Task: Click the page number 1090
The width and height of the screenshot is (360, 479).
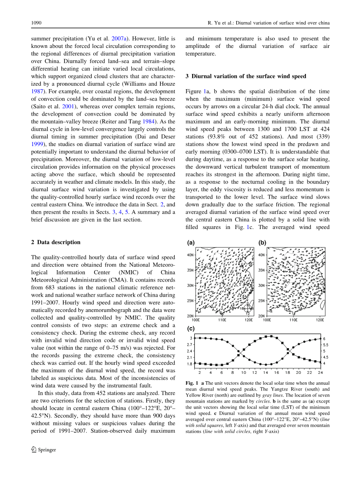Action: (x=36, y=23)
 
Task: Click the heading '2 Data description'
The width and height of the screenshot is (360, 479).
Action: (x=56, y=242)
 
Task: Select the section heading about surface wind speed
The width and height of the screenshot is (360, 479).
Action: (x=246, y=76)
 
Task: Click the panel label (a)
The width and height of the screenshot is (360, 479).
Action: (x=191, y=243)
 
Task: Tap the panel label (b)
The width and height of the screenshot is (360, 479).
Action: (x=263, y=243)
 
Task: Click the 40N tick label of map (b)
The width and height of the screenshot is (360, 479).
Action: (x=262, y=255)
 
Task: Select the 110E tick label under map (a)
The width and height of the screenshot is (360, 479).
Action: (x=222, y=320)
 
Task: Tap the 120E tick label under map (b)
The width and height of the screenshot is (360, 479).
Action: (x=320, y=320)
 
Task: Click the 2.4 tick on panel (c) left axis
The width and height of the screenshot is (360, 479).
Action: (x=190, y=351)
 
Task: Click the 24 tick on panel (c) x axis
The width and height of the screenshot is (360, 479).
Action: (x=320, y=372)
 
